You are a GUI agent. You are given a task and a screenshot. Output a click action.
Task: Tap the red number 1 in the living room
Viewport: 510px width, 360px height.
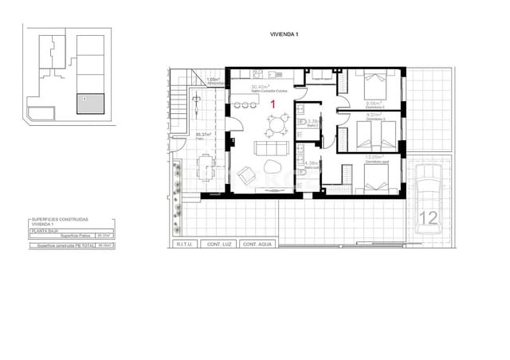(274, 104)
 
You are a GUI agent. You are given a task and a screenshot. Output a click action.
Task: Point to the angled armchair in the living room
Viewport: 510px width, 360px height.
(247, 172)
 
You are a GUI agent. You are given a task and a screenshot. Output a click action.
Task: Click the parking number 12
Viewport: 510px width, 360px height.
(428, 217)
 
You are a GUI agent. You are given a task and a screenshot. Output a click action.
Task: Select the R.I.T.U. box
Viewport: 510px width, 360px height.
(182, 245)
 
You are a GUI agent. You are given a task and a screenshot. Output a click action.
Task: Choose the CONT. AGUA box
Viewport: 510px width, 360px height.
(257, 245)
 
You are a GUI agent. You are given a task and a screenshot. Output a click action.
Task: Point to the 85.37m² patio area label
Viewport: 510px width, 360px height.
(203, 135)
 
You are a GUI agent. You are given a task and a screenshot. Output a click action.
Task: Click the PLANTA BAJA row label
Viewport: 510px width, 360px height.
(46, 230)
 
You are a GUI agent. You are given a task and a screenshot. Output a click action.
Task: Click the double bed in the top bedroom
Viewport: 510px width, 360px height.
(375, 83)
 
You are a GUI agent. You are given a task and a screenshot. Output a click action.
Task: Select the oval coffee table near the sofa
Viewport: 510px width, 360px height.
(271, 168)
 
